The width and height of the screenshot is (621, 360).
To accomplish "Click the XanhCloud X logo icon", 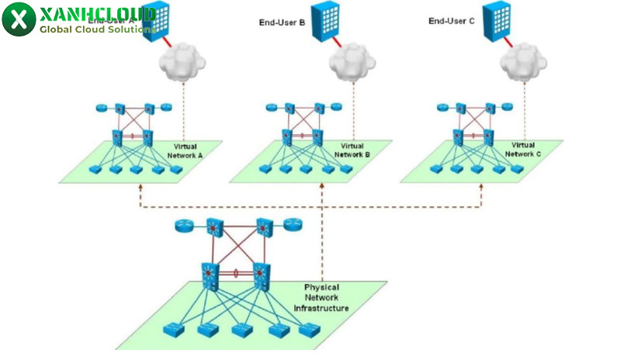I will (19, 19).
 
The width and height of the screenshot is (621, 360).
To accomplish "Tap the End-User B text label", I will (282, 22).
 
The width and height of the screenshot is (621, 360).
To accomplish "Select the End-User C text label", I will (452, 21).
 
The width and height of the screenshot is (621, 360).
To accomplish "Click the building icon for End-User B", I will (325, 19).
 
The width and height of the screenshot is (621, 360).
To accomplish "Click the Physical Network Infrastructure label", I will (321, 298).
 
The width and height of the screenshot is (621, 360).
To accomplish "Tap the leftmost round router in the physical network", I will (184, 227).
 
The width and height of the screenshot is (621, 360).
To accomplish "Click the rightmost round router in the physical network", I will (292, 227).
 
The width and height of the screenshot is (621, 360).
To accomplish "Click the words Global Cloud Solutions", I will (95, 29).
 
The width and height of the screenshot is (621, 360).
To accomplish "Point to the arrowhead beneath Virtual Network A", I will (141, 188).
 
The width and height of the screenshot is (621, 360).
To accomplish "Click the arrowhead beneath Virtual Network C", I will (481, 188).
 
